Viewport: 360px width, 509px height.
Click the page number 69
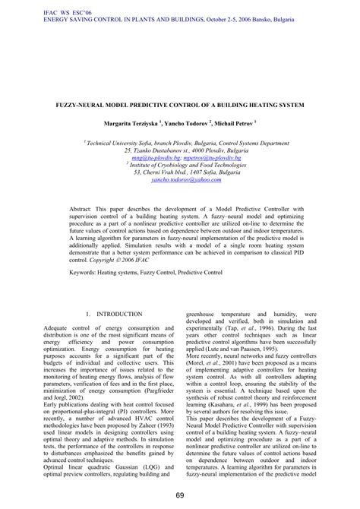pyautogui.click(x=180, y=496)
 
